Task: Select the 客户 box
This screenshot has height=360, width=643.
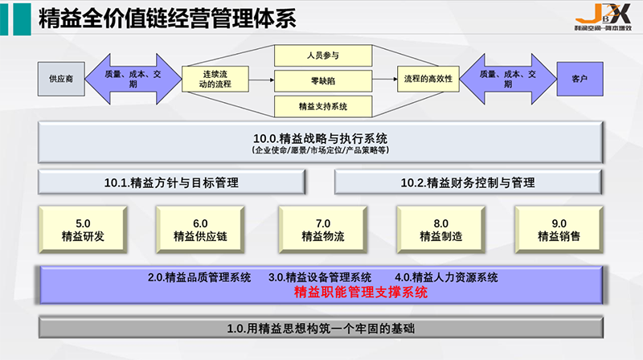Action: point(580,79)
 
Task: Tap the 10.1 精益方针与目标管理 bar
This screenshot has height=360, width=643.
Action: point(172,182)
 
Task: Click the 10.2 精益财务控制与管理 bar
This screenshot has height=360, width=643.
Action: point(468,182)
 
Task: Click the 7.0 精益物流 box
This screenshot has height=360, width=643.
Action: point(322,230)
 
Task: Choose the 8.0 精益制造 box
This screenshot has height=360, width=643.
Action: point(440,230)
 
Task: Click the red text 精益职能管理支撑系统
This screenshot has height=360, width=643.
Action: point(361,293)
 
